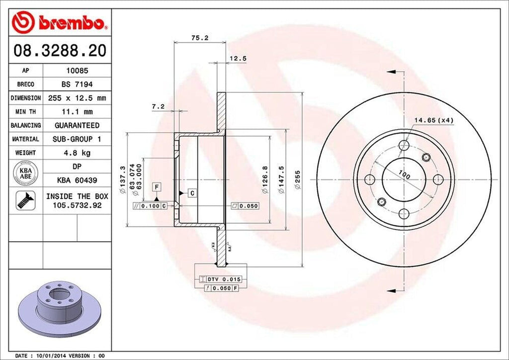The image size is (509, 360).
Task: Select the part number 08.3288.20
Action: point(59,50)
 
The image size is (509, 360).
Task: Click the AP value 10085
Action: point(76,71)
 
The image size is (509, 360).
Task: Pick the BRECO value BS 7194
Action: point(76,85)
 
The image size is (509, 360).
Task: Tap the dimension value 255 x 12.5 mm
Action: point(76,98)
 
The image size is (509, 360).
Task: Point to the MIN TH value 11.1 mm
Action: point(76,112)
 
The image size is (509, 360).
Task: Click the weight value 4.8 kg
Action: point(76,152)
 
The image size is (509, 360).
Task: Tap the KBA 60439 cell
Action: point(76,180)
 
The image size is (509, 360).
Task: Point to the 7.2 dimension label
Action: point(158,106)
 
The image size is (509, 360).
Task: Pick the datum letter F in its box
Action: point(157,187)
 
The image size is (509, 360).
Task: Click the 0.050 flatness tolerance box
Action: point(245,205)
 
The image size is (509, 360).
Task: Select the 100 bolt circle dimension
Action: point(404,175)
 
